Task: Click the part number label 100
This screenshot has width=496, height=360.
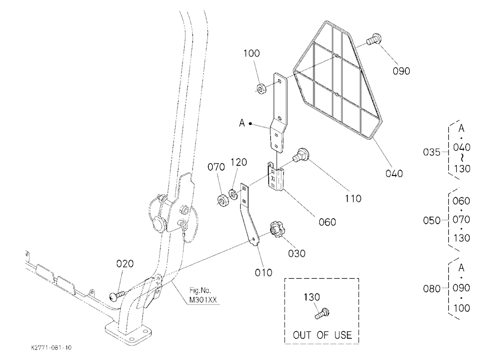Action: [251, 53]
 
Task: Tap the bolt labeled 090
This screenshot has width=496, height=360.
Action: [374, 40]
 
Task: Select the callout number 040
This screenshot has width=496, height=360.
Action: [394, 174]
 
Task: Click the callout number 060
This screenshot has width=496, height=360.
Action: [327, 222]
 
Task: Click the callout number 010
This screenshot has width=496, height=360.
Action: [263, 272]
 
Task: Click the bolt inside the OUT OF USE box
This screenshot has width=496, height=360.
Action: [322, 313]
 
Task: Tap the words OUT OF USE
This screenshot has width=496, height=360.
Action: [322, 335]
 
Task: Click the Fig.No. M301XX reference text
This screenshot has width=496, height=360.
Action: [203, 295]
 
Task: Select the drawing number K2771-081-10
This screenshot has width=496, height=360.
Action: [52, 348]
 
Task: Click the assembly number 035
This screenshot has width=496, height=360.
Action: [432, 152]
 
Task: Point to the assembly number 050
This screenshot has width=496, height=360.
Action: [432, 220]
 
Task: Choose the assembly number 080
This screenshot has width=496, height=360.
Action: [432, 289]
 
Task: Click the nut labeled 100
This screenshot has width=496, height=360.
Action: [261, 89]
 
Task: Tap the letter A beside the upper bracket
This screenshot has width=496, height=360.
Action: [242, 123]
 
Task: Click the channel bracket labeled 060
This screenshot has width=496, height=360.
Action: [276, 177]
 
